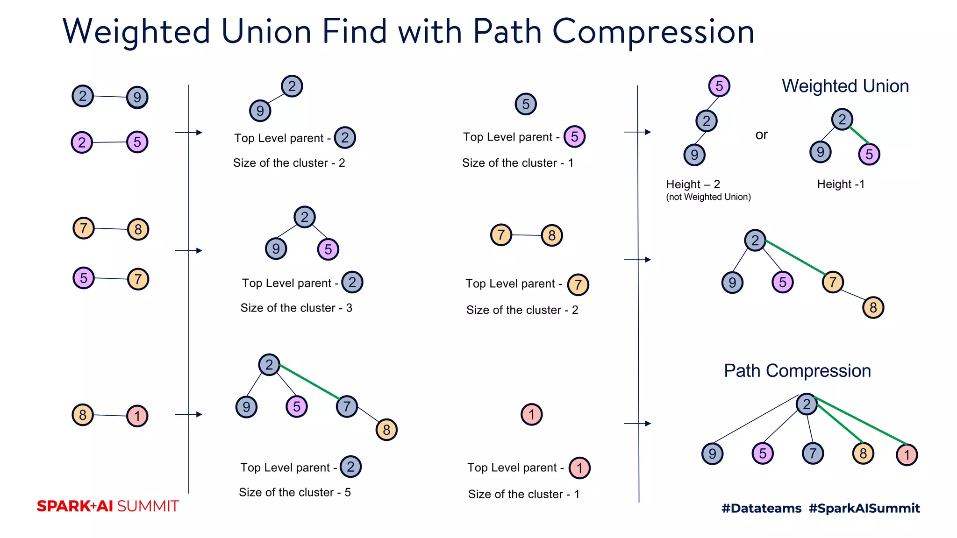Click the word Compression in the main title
pos(653,32)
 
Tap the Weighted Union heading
pos(845,86)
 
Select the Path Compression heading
pos(797,371)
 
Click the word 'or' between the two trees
pos(761,135)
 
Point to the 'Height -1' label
pos(840,184)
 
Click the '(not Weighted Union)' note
pos(708,197)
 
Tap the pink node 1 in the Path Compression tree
pos(907,454)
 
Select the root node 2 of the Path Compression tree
pos(807,404)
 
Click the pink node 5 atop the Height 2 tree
pos(719,86)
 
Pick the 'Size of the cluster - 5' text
pos(294,492)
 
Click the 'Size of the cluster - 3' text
pos(296,308)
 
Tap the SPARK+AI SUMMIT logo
pos(107,506)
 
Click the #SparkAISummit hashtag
pos(864,508)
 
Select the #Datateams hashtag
pos(761,508)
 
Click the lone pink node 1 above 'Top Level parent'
pos(531,414)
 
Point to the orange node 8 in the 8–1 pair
pos(83,415)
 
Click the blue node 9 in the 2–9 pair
pos(137,97)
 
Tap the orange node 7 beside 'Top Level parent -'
pos(578,284)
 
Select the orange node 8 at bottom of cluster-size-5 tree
pos(386,430)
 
